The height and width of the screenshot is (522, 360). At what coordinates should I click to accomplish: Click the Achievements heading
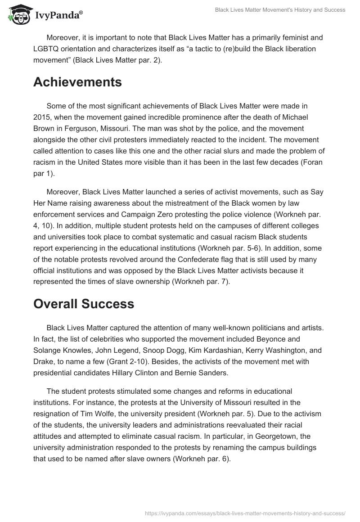coord(77,82)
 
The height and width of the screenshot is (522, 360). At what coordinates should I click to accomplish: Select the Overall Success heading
coord(84,304)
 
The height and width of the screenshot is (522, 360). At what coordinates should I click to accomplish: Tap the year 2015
coord(43,117)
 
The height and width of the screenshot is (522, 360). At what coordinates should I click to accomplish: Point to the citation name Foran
coord(312,162)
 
